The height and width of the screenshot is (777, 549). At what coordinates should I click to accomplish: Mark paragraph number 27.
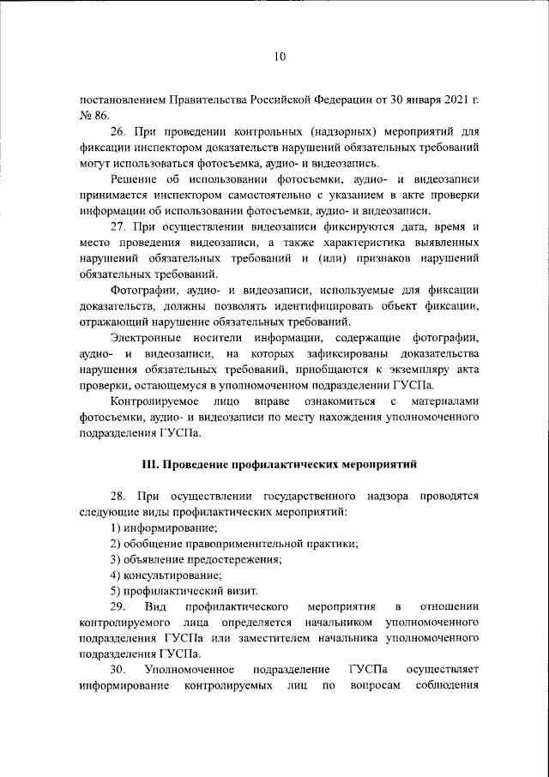click(x=118, y=227)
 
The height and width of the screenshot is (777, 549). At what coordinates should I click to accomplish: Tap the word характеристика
click(x=339, y=243)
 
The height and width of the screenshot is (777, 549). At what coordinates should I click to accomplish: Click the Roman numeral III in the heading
click(x=151, y=465)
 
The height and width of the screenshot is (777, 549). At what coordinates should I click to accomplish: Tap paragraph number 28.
click(x=118, y=497)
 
